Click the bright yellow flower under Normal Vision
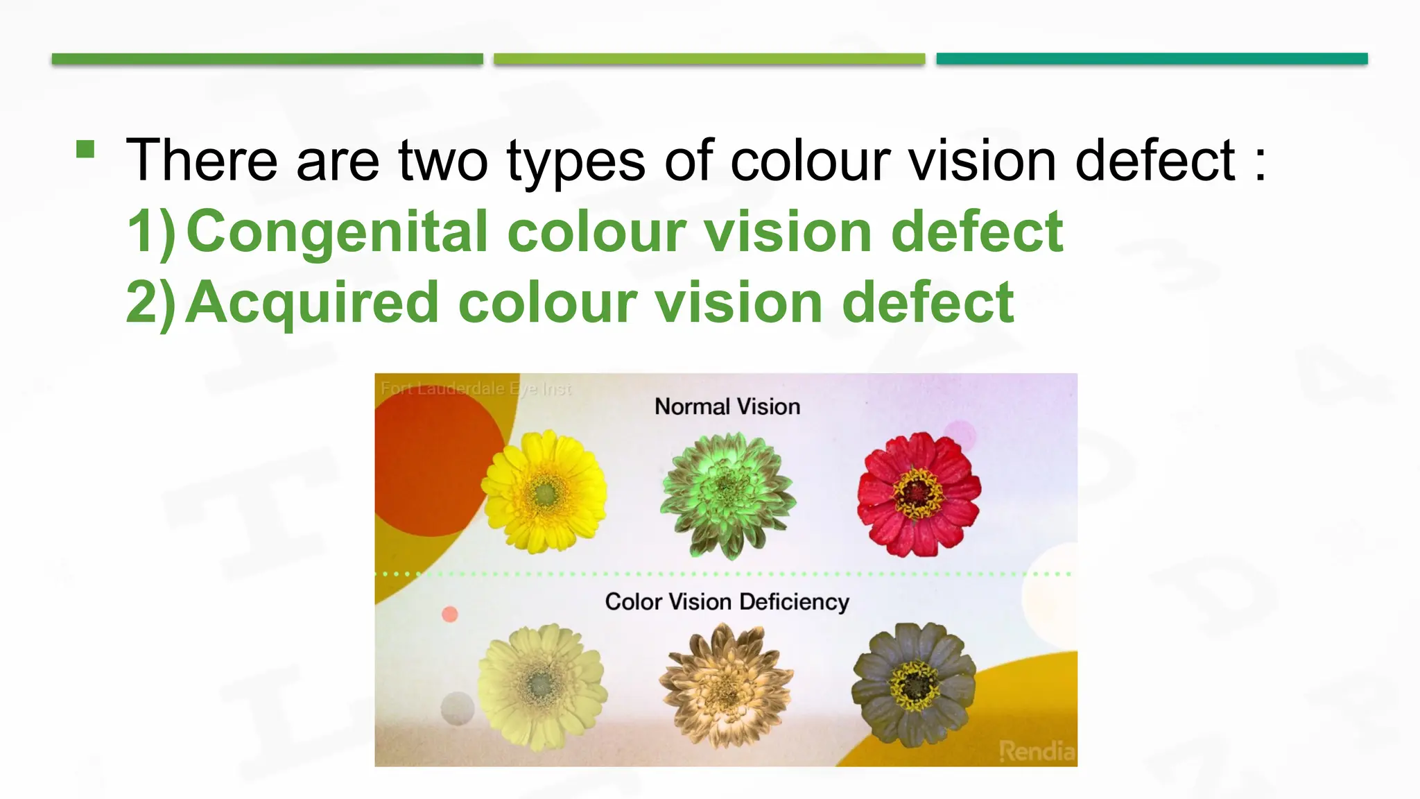(x=545, y=492)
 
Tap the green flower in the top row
(x=727, y=493)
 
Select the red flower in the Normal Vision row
(x=919, y=494)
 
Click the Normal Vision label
(x=727, y=406)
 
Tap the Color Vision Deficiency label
(x=727, y=602)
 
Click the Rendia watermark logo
(x=1037, y=750)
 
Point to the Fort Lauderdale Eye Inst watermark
(x=476, y=388)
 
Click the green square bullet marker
(x=85, y=149)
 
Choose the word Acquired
(x=313, y=302)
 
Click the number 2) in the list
(x=151, y=304)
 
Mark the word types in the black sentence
(x=575, y=161)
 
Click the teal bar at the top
(x=1152, y=59)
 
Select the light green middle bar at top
(x=709, y=59)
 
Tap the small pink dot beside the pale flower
(x=450, y=614)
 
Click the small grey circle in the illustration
(x=458, y=708)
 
